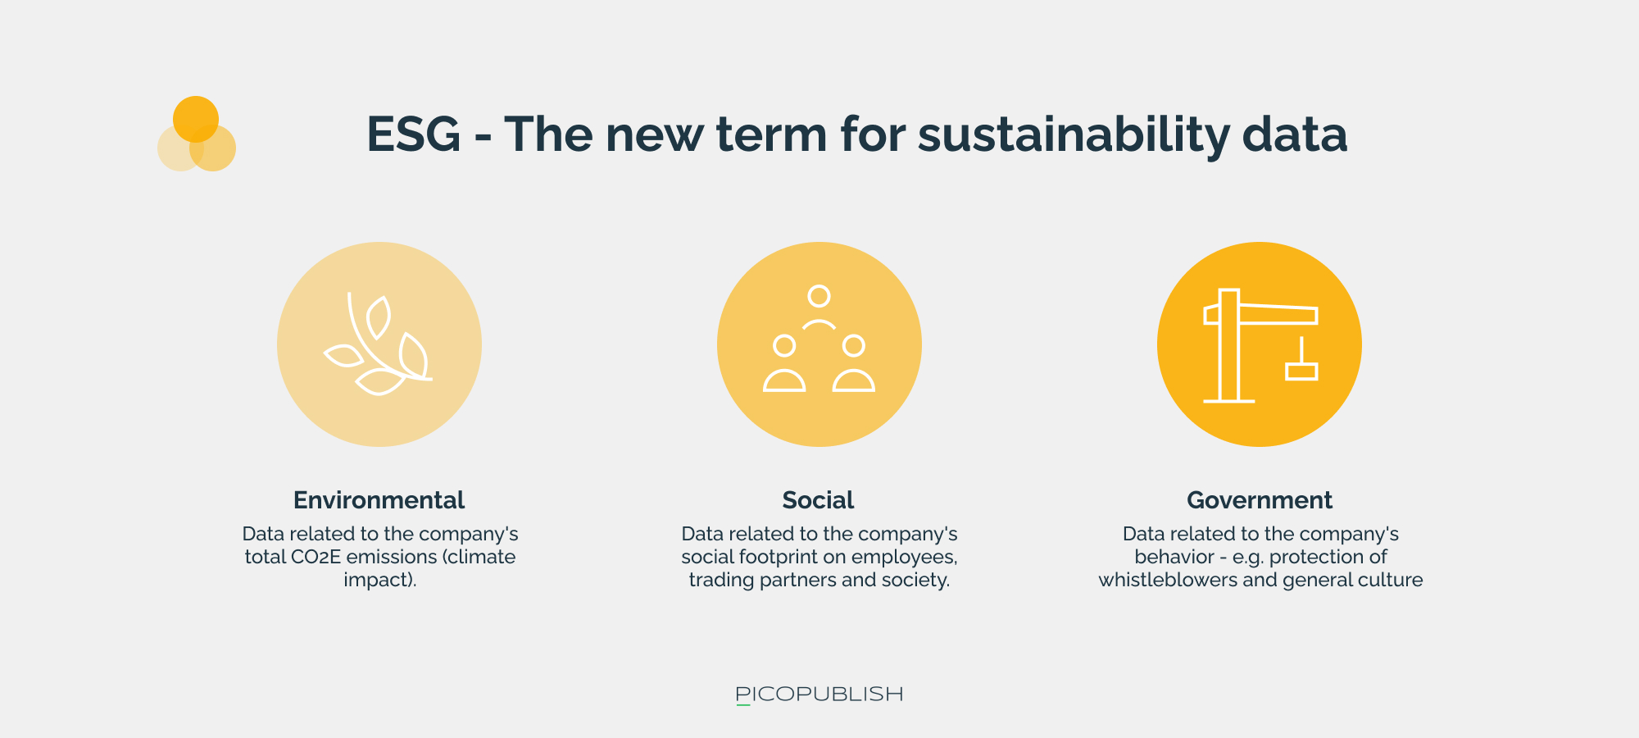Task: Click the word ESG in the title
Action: click(x=414, y=134)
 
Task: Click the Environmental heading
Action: click(x=379, y=500)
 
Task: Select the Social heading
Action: click(x=818, y=500)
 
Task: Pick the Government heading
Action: click(x=1260, y=500)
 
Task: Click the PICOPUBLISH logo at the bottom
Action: click(x=819, y=695)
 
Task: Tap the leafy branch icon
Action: click(x=379, y=344)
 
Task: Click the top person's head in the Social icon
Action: click(x=819, y=296)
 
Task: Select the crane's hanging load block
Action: click(x=1301, y=371)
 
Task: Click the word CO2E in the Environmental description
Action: click(x=316, y=557)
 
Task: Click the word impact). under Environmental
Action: click(x=380, y=581)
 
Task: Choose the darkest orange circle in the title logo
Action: click(x=196, y=119)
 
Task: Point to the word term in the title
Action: click(x=771, y=134)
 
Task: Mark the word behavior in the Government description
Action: click(x=1174, y=557)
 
